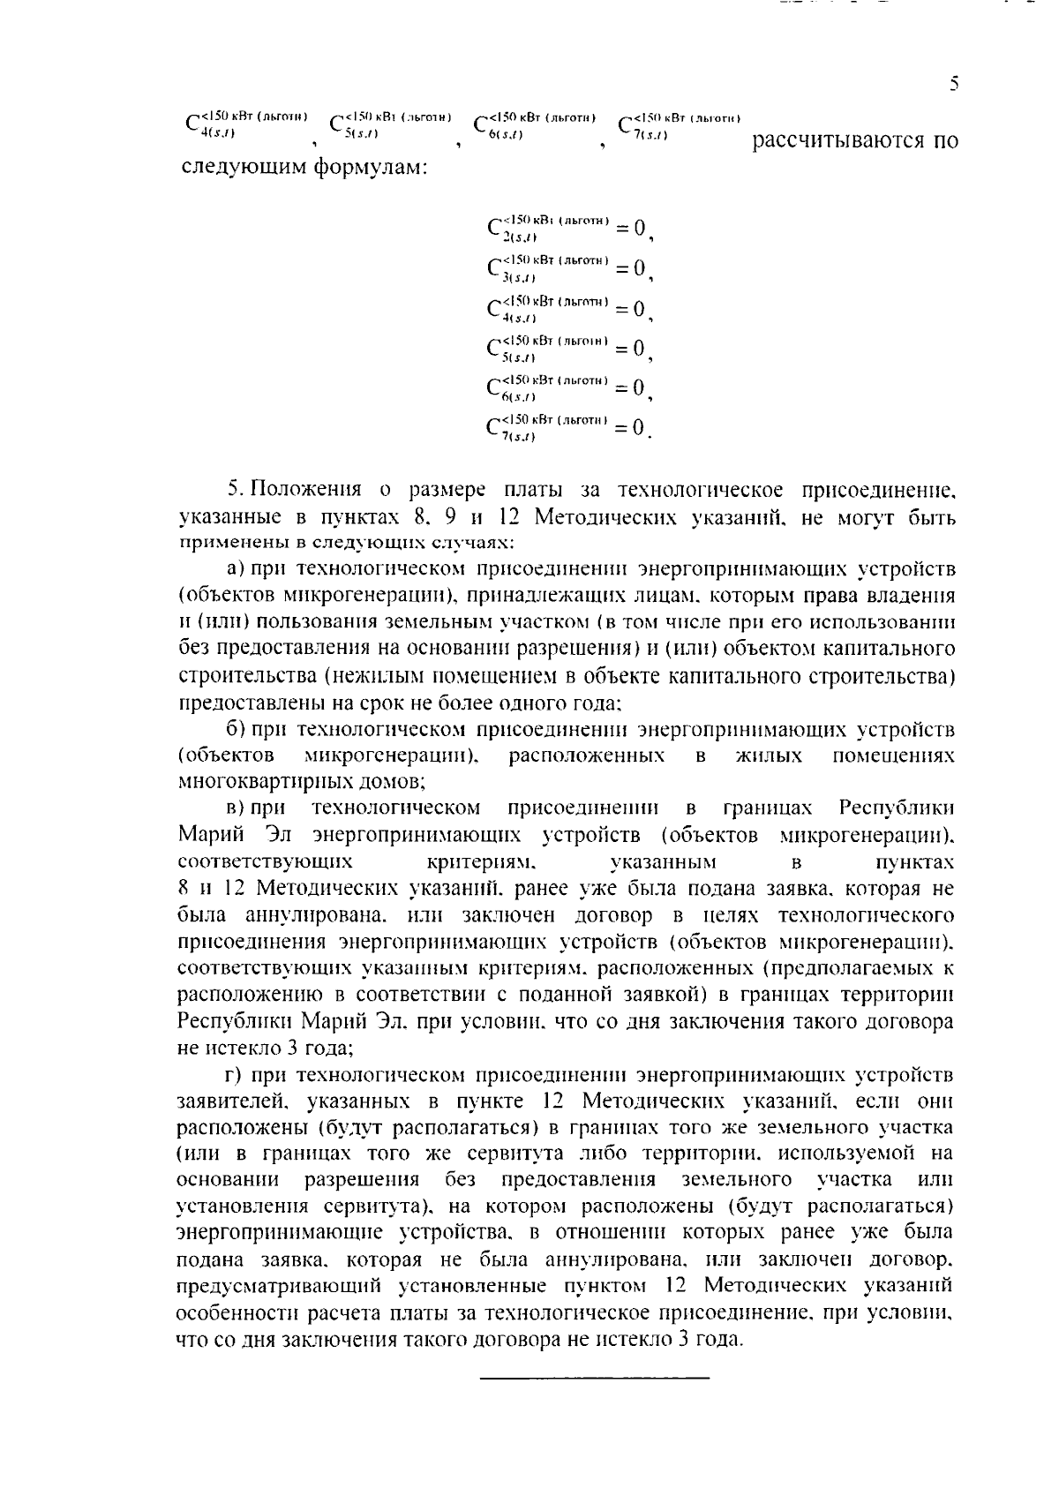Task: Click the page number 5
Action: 954,84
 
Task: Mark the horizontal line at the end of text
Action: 594,1378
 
